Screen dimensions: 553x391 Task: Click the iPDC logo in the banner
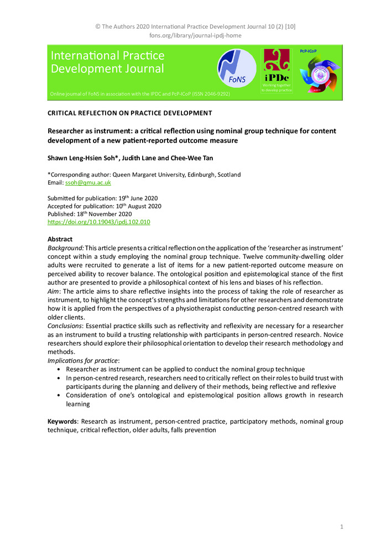tap(276, 70)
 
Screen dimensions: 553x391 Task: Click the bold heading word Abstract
tap(60, 239)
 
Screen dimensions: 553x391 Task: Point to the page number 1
tap(341, 527)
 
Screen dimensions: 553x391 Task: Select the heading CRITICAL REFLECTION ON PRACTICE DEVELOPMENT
tap(130, 113)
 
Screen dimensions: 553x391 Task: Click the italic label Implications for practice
tap(84, 361)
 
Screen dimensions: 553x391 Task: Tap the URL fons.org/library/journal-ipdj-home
tap(195, 35)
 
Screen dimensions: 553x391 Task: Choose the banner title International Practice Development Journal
tap(107, 62)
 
